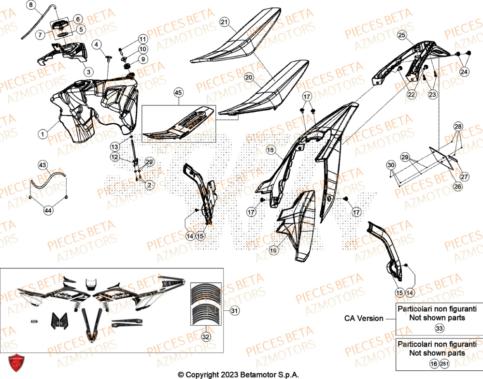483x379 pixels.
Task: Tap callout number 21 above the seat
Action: (224, 22)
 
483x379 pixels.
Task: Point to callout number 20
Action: (249, 77)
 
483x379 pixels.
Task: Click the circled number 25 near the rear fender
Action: (402, 35)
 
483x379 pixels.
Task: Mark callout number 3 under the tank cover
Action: (88, 72)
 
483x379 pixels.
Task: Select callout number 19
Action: (273, 250)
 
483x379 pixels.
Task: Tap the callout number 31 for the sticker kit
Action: (234, 311)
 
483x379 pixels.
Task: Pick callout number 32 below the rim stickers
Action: (205, 336)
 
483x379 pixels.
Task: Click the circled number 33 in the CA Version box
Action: (439, 328)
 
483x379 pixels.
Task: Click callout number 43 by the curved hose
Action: (43, 165)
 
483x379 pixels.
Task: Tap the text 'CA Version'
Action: (364, 318)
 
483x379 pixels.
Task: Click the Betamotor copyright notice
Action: (239, 375)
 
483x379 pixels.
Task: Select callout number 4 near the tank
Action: (97, 45)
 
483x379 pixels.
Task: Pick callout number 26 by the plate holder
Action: (457, 187)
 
